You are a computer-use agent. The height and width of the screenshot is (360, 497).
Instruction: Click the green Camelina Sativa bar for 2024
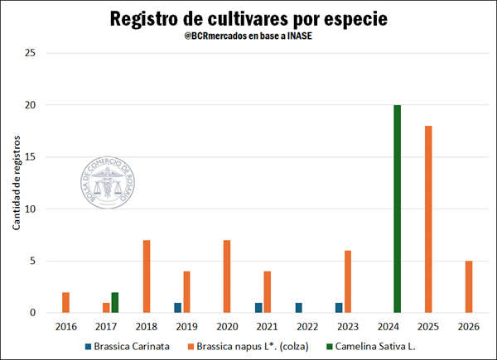click(398, 209)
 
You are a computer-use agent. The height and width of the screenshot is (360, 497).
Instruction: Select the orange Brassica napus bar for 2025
click(428, 219)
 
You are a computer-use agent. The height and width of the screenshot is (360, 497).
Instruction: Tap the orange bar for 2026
click(469, 286)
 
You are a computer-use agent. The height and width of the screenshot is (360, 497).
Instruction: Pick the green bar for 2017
click(114, 303)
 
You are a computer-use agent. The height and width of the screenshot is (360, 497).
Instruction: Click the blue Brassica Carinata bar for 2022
click(299, 308)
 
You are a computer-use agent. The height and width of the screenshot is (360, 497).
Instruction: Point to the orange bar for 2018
click(147, 276)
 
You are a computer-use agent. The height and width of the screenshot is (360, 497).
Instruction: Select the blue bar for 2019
click(177, 308)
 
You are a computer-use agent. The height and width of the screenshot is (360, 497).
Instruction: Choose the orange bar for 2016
click(65, 303)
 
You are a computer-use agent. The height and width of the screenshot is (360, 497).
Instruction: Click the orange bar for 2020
click(227, 276)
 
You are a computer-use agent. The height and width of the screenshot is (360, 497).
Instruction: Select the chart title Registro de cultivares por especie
click(248, 18)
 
